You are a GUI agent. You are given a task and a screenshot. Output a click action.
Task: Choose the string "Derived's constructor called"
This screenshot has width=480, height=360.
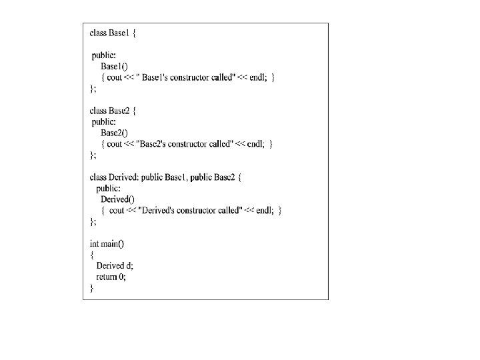(185, 210)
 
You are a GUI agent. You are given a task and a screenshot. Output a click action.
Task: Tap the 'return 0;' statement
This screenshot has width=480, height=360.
(111, 277)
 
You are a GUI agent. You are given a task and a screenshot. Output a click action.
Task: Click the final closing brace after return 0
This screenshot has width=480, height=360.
(92, 288)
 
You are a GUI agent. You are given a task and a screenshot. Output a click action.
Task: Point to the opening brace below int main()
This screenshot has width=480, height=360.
(92, 254)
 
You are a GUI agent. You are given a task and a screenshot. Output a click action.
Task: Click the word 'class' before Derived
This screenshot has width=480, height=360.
(98, 177)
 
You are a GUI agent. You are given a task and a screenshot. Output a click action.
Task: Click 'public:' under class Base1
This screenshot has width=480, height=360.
(103, 55)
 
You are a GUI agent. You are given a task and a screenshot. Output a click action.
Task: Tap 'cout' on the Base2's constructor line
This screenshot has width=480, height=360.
(115, 143)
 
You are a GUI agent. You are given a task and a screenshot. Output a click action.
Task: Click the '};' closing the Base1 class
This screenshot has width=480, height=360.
(93, 88)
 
